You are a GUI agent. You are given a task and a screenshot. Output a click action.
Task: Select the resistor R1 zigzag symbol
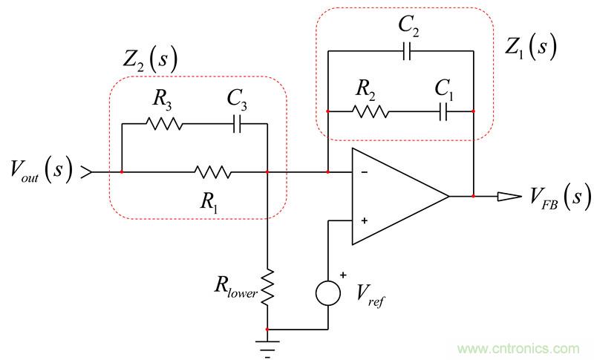point(213,173)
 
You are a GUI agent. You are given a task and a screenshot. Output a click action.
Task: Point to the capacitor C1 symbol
point(444,112)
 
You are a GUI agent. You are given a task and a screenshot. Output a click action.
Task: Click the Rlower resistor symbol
point(267,286)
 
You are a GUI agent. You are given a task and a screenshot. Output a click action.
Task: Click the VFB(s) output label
point(549,197)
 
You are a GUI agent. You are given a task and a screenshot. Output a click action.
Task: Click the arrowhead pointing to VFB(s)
point(511,197)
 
